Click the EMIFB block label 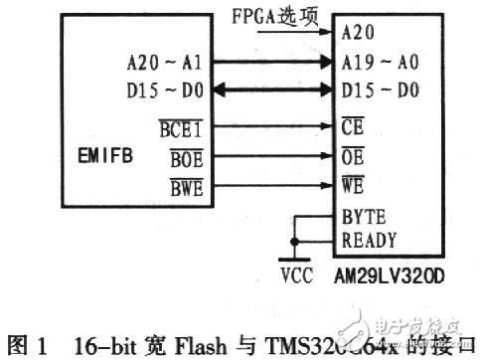tap(104, 154)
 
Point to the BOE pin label tap(183, 157)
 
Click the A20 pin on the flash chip tap(357, 32)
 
